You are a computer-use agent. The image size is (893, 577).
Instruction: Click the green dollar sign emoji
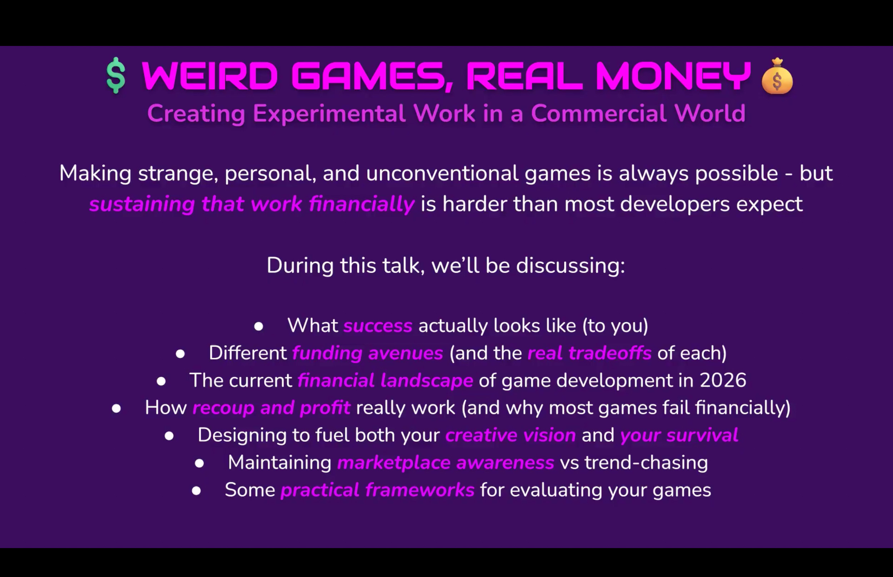point(116,75)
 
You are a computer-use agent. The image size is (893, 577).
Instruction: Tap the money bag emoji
point(777,76)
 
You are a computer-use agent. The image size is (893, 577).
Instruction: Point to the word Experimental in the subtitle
point(329,114)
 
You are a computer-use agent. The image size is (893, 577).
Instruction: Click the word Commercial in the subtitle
point(598,113)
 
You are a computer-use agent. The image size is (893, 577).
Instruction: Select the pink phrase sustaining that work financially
point(252,205)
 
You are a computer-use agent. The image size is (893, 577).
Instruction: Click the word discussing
point(570,265)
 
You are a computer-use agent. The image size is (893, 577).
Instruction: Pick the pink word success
point(378,326)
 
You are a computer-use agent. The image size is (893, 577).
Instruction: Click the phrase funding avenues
point(368,353)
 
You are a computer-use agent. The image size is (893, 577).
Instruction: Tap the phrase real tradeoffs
point(589,353)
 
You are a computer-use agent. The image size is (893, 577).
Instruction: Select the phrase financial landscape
point(385,381)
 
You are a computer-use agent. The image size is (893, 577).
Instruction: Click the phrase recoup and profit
point(271,408)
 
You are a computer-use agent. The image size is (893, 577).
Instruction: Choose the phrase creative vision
point(510,435)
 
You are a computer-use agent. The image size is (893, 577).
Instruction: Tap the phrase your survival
point(679,435)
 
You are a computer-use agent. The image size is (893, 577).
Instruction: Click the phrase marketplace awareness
point(445,463)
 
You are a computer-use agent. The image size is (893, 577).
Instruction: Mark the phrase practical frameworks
point(377,490)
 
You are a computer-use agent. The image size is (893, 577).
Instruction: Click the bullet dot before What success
point(259,326)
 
